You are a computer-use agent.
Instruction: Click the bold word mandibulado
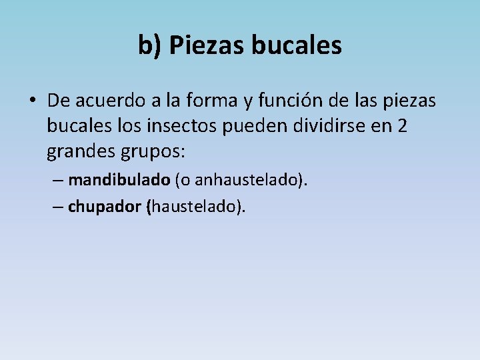119,180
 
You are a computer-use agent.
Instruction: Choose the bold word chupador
104,207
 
